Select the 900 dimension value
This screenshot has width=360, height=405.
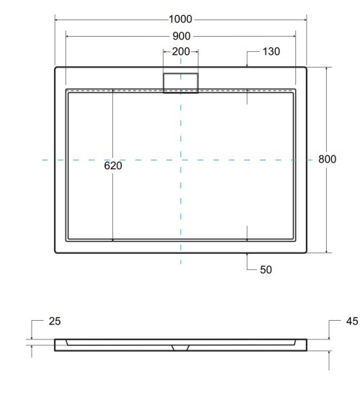pyautogui.click(x=180, y=35)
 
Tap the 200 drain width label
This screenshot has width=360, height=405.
pyautogui.click(x=180, y=52)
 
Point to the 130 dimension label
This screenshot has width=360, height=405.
pyautogui.click(x=271, y=52)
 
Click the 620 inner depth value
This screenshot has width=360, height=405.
pyautogui.click(x=113, y=165)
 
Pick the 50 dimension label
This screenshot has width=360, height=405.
pyautogui.click(x=265, y=270)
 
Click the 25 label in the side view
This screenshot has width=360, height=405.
pyautogui.click(x=54, y=321)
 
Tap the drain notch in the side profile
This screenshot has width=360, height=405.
pyautogui.click(x=180, y=346)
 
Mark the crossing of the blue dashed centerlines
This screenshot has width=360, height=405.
pyautogui.click(x=181, y=160)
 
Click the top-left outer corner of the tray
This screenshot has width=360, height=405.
pyautogui.click(x=56, y=68)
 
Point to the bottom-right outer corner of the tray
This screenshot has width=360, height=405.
pyautogui.click(x=306, y=252)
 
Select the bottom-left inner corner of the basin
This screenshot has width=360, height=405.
pyautogui.click(x=68, y=240)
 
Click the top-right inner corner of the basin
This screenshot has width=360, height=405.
pyautogui.click(x=294, y=91)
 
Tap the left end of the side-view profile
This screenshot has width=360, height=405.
pyautogui.click(x=56, y=345)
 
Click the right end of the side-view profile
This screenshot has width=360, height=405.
pyautogui.click(x=305, y=345)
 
